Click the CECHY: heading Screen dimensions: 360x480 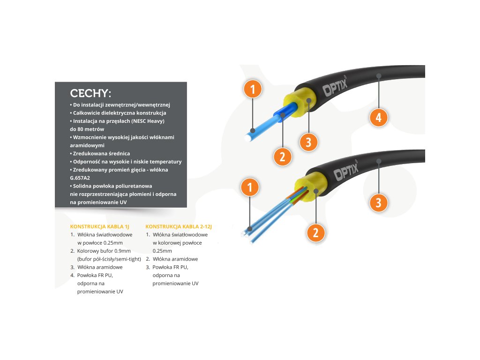pyautogui.click(x=90, y=92)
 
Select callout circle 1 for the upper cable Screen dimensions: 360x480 pyautogui.click(x=253, y=89)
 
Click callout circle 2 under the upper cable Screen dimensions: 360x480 pyautogui.click(x=282, y=157)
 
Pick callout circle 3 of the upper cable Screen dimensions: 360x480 pyautogui.click(x=308, y=142)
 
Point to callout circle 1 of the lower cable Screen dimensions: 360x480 pyautogui.click(x=250, y=187)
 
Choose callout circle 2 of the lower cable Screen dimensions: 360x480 pyautogui.click(x=315, y=232)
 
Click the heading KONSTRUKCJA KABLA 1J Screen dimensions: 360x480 pyautogui.click(x=99, y=226)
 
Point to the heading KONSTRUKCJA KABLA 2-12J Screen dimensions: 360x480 pyautogui.click(x=175, y=226)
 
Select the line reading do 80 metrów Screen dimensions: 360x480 pyautogui.click(x=87, y=129)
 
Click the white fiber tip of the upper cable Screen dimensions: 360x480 pyautogui.click(x=247, y=139)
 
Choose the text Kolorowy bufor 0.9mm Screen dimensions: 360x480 pyautogui.click(x=100, y=251)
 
